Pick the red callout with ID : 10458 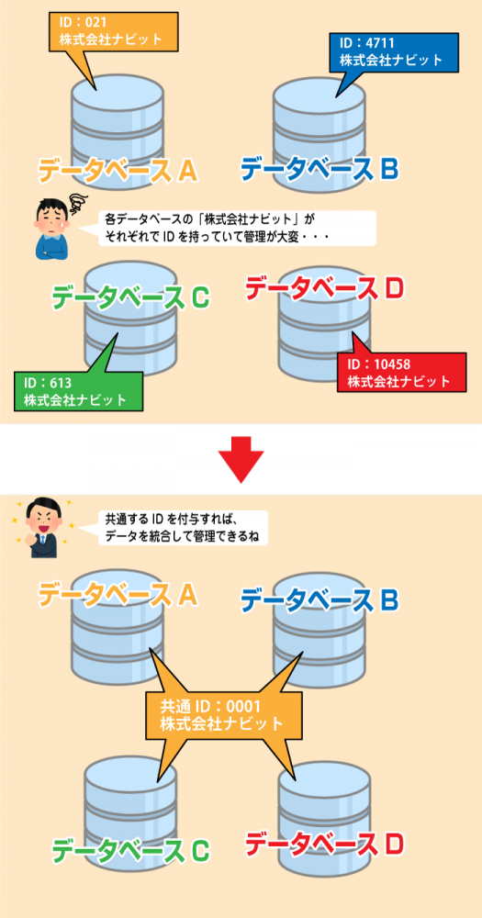(x=402, y=373)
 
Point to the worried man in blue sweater (x=51, y=227)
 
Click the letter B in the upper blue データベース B (x=388, y=169)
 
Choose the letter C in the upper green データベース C (x=200, y=298)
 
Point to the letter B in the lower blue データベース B (x=388, y=599)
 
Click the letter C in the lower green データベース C (x=200, y=852)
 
